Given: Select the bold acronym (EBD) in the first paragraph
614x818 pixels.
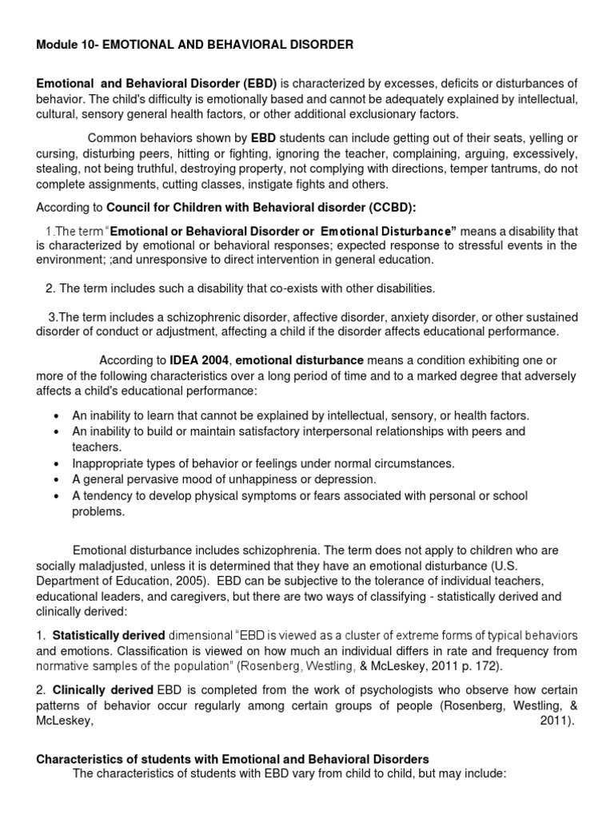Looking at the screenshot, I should pyautogui.click(x=257, y=84).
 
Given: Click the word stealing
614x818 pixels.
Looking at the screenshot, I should pyautogui.click(x=58, y=169).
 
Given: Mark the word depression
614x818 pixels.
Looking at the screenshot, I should pyautogui.click(x=341, y=478).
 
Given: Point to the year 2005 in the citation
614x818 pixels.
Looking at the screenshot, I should pyautogui.click(x=190, y=581).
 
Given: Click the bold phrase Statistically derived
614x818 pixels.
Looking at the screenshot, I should pyautogui.click(x=109, y=635).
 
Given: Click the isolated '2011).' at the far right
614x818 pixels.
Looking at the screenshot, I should pyautogui.click(x=557, y=719).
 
